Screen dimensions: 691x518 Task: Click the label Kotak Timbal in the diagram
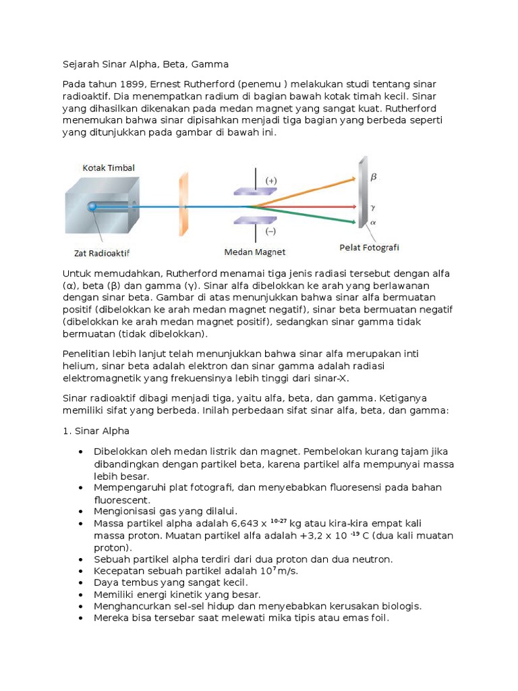pyautogui.click(x=109, y=167)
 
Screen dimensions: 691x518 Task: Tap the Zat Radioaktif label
pyautogui.click(x=102, y=254)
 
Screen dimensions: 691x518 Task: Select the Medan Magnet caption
pyautogui.click(x=255, y=252)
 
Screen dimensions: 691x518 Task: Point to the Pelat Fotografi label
pyautogui.click(x=368, y=248)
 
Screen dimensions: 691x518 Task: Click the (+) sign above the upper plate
pyautogui.click(x=271, y=180)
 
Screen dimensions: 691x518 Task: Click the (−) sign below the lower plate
pyautogui.click(x=271, y=231)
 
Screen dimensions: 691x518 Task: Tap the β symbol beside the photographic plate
pyautogui.click(x=374, y=177)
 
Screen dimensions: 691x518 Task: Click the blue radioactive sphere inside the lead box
pyautogui.click(x=92, y=206)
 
